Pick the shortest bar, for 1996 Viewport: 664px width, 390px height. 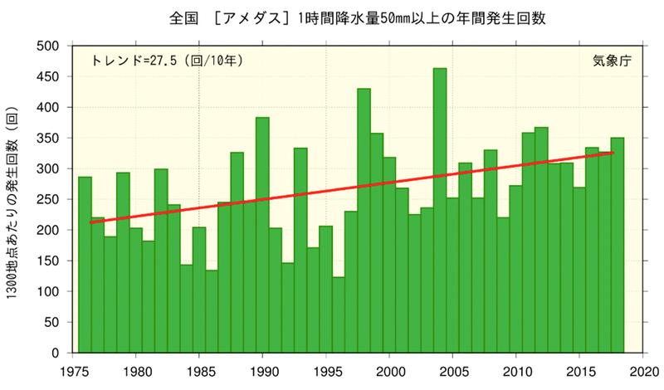click(338, 314)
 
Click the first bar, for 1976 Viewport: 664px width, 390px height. click(85, 265)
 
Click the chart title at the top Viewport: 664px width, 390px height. click(332, 17)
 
